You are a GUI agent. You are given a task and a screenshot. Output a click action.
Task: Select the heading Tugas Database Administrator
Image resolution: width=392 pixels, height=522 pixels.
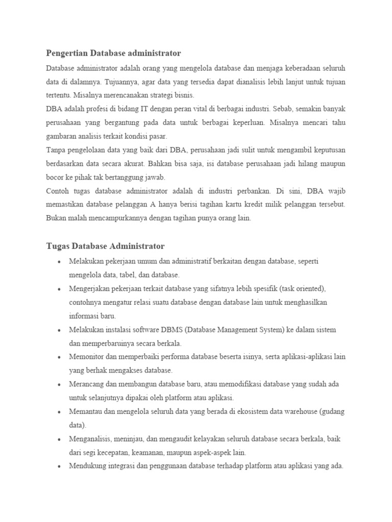[x=105, y=246]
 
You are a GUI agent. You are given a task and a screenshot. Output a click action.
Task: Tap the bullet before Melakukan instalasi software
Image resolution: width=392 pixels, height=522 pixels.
[x=59, y=330]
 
